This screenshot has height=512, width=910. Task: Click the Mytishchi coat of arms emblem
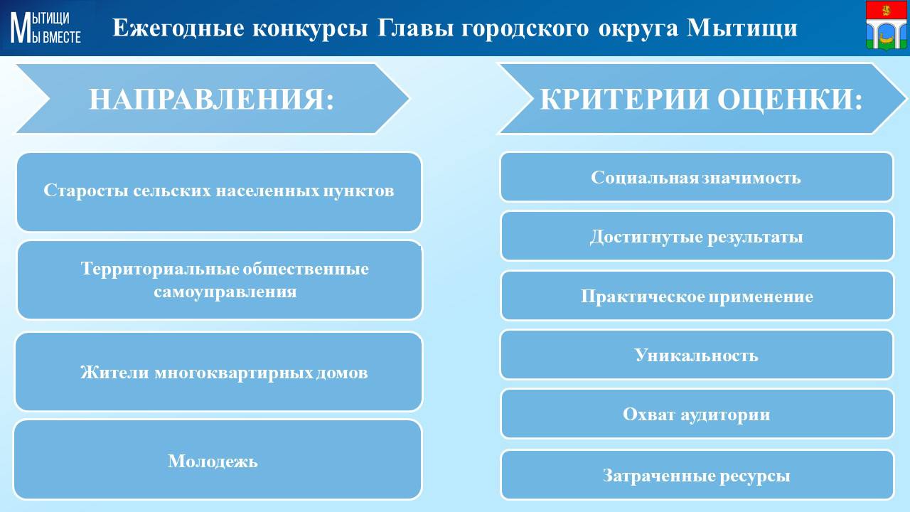pos(886,26)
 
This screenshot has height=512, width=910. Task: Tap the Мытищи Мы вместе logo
pos(45,27)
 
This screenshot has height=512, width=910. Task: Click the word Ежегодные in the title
pos(178,28)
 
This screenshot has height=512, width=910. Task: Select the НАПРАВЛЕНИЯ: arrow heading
pos(211,99)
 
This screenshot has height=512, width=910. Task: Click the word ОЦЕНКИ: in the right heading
pos(790,99)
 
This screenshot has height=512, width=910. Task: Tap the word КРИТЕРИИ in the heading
pos(625,99)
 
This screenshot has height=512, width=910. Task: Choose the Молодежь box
pos(218,459)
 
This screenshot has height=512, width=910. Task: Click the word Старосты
pos(86,190)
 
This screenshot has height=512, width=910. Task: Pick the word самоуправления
pos(225,292)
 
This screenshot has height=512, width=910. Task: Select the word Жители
pos(114,372)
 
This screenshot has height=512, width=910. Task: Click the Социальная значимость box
pos(697,177)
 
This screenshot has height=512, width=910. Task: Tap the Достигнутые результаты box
pos(697,235)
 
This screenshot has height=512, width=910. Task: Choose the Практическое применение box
pos(697,295)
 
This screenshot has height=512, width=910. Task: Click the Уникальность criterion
pos(697,355)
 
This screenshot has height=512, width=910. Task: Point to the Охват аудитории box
pos(697,414)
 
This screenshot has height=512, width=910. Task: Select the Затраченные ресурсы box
pos(697,474)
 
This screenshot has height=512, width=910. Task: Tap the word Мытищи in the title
pos(742,28)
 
